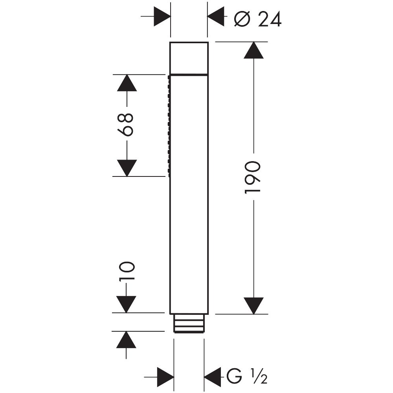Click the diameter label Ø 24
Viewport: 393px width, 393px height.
tap(257, 18)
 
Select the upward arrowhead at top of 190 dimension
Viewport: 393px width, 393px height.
tap(253, 51)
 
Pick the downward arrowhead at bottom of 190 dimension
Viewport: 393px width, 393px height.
tap(253, 305)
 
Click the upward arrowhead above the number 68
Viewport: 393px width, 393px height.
tap(127, 83)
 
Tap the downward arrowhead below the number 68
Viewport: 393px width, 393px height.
tap(127, 168)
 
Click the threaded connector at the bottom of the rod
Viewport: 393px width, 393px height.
tap(189, 323)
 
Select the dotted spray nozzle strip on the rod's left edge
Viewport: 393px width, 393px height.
tap(169, 125)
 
